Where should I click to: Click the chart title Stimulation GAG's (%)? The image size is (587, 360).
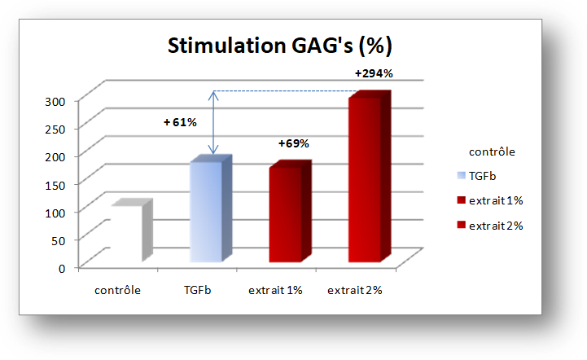coord(279,46)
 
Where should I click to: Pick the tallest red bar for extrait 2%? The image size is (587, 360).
coord(370,176)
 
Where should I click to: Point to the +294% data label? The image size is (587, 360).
coord(374,73)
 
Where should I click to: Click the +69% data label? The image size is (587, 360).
coord(293,143)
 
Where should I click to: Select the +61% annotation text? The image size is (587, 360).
coord(180,122)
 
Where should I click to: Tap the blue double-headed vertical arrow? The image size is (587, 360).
coord(213,122)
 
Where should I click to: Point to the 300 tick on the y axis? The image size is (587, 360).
coord(55,102)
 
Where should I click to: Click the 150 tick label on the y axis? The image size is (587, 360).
coord(55,185)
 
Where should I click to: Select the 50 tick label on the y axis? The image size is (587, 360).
coord(59,241)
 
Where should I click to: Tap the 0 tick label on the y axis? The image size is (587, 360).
coord(62,269)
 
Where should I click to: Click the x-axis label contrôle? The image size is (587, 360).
coord(117,290)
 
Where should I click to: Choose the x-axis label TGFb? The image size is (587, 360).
coord(197,290)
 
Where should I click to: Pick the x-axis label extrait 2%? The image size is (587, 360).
coord(354,290)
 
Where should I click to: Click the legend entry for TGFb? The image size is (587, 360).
coord(476,176)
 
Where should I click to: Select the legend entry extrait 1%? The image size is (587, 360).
coord(490,201)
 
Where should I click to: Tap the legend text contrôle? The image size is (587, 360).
coord(492,151)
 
